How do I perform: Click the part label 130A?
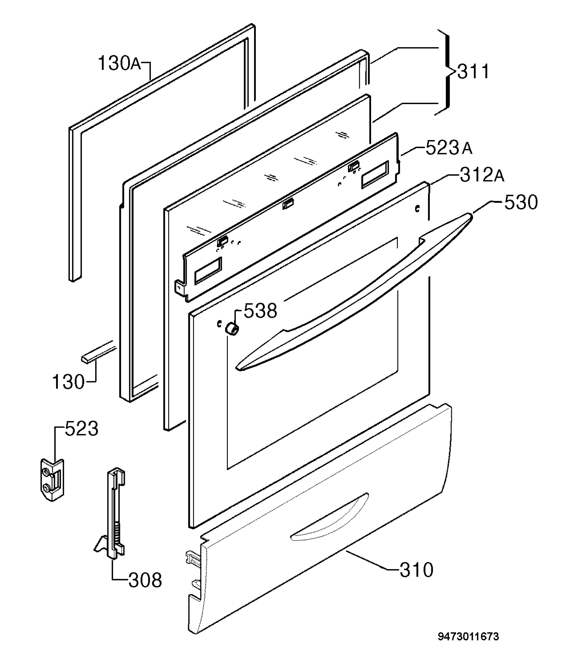[x=119, y=63]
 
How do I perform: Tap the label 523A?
[x=449, y=148]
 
